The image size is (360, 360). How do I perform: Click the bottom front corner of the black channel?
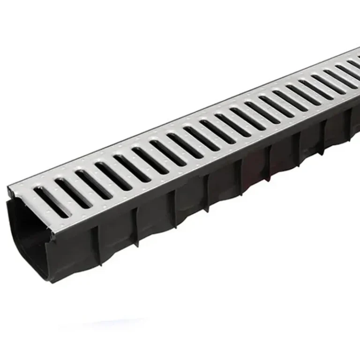[51, 281]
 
